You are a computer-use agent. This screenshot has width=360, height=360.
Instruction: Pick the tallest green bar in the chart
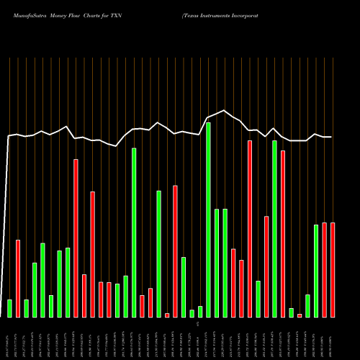coord(208,220)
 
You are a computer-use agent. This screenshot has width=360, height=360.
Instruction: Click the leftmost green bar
coord(9,308)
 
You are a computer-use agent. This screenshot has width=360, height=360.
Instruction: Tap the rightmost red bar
coord(333,270)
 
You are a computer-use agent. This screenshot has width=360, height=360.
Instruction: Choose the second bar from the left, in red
coord(18,278)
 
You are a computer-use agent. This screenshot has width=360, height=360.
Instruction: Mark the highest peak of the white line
coord(225,110)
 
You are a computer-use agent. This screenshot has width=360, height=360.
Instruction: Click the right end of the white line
coord(331,137)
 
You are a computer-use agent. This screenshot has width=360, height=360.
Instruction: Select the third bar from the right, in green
coord(316,271)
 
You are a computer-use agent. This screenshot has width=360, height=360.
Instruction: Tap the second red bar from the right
coord(325,270)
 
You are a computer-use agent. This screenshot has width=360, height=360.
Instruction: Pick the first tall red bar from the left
coord(76,238)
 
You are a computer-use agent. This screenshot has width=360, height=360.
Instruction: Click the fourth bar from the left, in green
coord(35,289)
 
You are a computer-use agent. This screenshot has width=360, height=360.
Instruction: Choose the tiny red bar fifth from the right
coord(300,315)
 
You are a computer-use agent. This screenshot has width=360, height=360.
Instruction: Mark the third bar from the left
coord(26,308)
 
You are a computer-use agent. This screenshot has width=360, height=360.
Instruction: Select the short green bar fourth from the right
coord(307,305)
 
